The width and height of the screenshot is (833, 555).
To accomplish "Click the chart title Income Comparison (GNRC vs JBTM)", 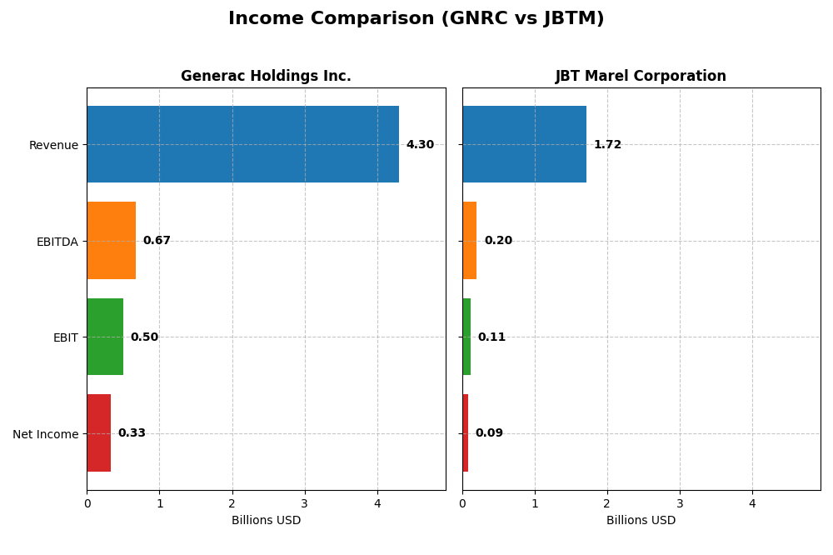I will [416, 19].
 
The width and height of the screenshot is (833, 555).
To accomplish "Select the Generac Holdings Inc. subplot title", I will [266, 77].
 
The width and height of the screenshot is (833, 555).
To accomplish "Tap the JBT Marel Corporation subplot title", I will [641, 77].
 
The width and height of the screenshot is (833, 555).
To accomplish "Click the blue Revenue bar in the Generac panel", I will [242, 144].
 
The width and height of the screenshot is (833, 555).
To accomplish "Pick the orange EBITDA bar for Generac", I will [112, 241].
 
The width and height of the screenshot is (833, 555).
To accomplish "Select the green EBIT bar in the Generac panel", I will [105, 337].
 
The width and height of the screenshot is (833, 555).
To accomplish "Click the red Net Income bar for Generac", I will [99, 433].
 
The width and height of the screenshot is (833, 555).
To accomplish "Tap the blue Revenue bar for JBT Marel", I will [524, 144].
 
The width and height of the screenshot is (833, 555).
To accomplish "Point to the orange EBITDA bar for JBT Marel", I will [470, 241].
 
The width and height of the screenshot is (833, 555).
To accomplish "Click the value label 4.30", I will [420, 145].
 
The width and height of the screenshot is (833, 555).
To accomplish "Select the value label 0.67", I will [157, 241].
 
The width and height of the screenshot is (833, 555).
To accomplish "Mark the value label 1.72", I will [607, 145].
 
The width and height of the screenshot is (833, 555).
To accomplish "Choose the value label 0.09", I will [489, 433].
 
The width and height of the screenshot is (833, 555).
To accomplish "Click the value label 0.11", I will [491, 337].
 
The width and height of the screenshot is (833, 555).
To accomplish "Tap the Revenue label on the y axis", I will [53, 146].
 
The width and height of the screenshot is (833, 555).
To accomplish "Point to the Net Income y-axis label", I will [45, 434].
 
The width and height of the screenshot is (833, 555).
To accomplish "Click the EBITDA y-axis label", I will [57, 242].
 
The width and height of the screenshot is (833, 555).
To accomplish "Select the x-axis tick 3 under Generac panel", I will [305, 503].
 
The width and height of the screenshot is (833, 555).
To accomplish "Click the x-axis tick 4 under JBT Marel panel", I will [752, 503].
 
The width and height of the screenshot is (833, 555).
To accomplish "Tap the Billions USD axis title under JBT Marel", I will [641, 521].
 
